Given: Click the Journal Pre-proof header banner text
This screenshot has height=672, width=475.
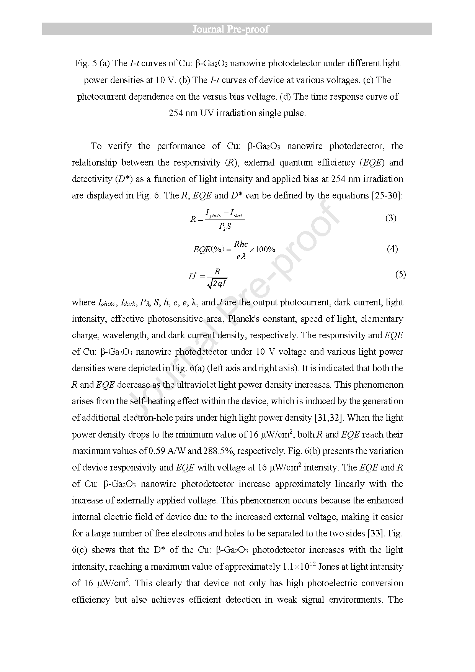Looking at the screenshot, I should [x=230, y=29].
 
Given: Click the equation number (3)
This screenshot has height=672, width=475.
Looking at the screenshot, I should [x=390, y=218].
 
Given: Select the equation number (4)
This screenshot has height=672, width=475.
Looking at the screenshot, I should [x=392, y=249].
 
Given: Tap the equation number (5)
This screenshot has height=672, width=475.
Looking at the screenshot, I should [x=400, y=274].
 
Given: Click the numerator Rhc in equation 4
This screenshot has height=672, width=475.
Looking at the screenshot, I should [x=241, y=244].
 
